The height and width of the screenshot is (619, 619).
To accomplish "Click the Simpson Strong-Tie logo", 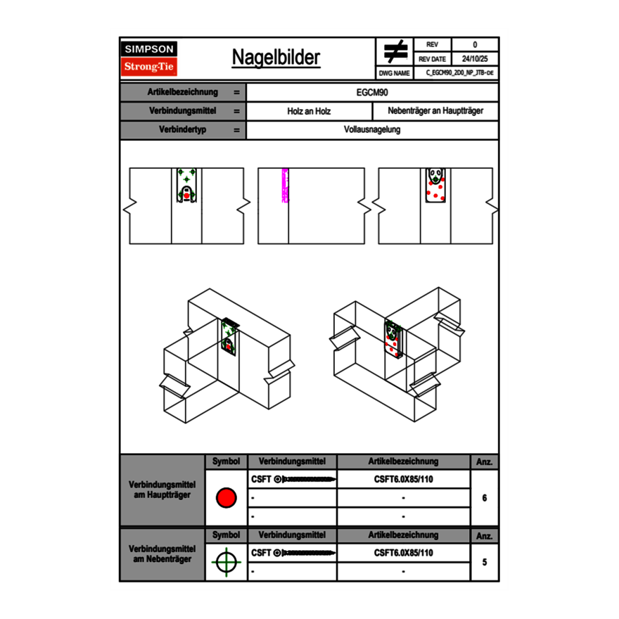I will point(150,58).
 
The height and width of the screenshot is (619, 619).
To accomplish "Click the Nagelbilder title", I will point(276,58).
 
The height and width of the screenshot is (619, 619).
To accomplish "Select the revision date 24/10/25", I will point(474,59).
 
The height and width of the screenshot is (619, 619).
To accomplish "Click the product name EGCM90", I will point(372,92).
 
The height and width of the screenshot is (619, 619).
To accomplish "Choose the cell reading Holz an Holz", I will point(308,111).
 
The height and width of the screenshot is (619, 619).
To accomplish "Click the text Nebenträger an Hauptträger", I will point(435,111).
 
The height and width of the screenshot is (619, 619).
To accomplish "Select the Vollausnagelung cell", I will point(372,130).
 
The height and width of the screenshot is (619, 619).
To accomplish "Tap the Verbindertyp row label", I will point(182,130).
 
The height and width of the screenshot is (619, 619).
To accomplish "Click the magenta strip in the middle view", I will point(285,186).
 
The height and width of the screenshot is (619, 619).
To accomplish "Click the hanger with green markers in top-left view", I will point(186,186).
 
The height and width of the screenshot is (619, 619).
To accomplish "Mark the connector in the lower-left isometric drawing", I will point(229,336).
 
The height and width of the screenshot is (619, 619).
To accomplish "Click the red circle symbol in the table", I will point(226,498).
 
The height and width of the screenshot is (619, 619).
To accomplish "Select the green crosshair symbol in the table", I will point(226,562).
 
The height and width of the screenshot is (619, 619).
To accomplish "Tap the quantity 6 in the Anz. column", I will point(484,498).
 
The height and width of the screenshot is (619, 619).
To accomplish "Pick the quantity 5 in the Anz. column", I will point(484,562).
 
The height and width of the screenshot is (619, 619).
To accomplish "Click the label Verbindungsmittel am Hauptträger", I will point(162,490).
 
